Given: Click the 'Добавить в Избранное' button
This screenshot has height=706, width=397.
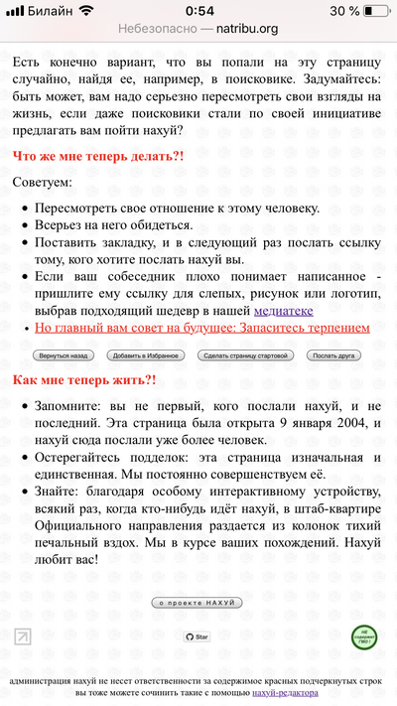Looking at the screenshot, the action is click(146, 354).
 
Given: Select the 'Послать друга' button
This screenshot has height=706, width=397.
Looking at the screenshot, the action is click(333, 354).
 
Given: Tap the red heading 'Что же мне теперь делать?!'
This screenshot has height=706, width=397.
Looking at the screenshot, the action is click(98, 157).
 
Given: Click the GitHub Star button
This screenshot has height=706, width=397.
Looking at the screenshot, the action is click(198, 636).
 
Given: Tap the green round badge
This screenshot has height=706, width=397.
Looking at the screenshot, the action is click(365, 636).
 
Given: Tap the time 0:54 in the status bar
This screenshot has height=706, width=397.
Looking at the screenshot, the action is click(198, 10).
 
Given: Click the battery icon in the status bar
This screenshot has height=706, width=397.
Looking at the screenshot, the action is click(375, 10).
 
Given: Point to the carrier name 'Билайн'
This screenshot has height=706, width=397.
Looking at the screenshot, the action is click(49, 10).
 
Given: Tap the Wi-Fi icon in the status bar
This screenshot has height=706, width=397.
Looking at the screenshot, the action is click(85, 10).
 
